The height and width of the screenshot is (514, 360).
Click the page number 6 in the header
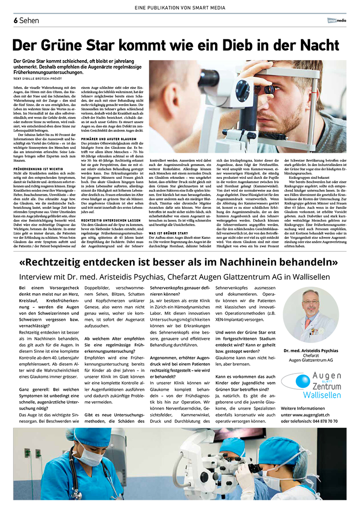[16, 20]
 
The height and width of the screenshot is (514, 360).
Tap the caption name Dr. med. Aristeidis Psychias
[311, 350]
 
